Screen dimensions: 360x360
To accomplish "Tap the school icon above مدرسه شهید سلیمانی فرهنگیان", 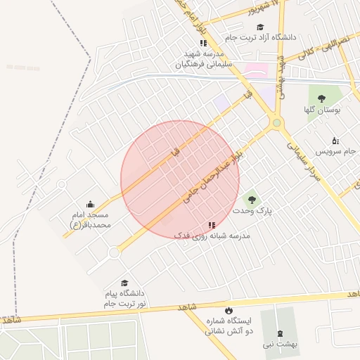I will (203, 43).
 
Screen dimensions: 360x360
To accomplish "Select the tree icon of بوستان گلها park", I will (322, 98).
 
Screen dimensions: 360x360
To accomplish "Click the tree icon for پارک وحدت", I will (251, 200).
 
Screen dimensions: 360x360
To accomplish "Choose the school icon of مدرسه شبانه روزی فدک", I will (212, 225).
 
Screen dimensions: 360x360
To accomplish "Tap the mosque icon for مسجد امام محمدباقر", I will (91, 205).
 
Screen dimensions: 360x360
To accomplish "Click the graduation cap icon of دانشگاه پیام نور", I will (124, 283).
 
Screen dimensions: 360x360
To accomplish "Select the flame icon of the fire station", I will (228, 310).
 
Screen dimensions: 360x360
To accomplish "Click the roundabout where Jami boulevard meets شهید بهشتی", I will (277, 124).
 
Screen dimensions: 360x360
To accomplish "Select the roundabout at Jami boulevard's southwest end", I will (113, 253).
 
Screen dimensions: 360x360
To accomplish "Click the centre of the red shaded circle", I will (180, 180).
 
